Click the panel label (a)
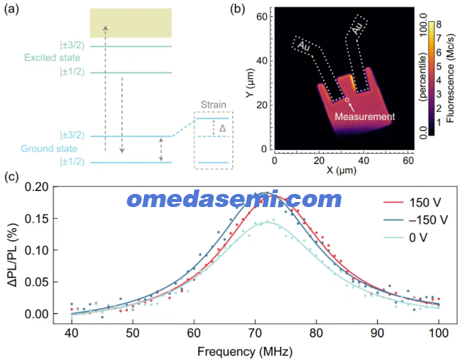(x=12, y=10)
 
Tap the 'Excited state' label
(x=52, y=58)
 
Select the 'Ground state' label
(x=49, y=149)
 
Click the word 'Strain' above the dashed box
(x=213, y=105)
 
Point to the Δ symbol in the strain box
(x=222, y=128)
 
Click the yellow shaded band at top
(x=131, y=23)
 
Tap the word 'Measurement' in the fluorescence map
(x=365, y=116)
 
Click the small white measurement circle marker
(x=347, y=100)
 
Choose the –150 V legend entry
(x=416, y=220)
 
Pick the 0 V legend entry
(x=405, y=237)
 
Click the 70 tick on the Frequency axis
(x=255, y=333)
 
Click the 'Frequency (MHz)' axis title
(x=245, y=352)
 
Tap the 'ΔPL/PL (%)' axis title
(x=12, y=255)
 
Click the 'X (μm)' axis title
(x=341, y=170)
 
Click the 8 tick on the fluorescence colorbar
(x=439, y=24)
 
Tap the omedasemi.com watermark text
(x=234, y=200)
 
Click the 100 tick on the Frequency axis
(x=439, y=333)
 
